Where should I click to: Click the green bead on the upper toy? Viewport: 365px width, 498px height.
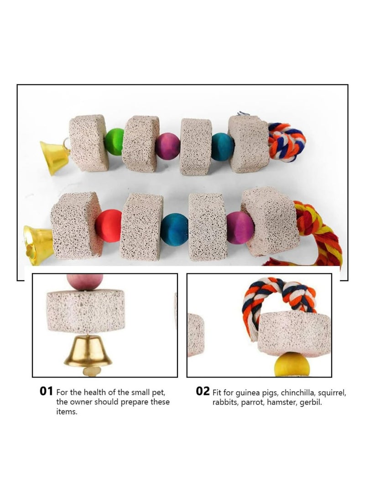tap(114, 142)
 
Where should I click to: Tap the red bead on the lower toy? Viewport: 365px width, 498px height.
tap(108, 225)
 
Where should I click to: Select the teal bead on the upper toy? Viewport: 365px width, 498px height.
tap(223, 147)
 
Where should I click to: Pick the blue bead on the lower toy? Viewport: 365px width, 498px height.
tap(174, 229)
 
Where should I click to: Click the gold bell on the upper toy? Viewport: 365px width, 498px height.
tap(55, 156)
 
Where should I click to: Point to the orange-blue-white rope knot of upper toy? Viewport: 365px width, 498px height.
tap(287, 142)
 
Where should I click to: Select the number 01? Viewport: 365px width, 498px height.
tap(47, 392)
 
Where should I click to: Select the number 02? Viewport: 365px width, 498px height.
tap(203, 392)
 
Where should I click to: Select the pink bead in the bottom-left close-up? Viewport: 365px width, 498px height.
tap(85, 281)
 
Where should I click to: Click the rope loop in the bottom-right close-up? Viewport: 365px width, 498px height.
tap(279, 296)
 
